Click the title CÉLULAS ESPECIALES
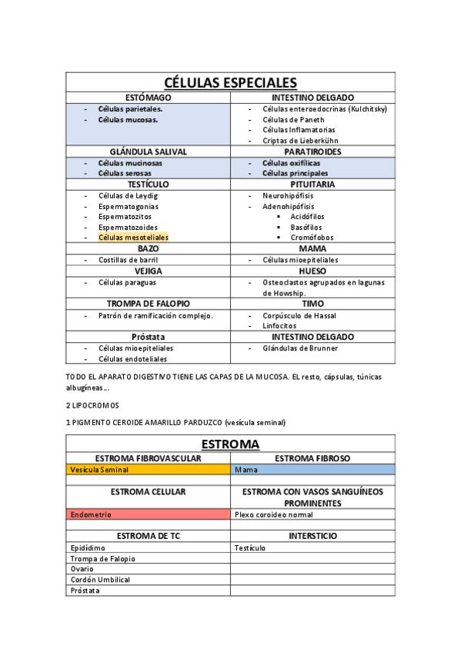(231, 83)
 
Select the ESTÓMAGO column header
(148, 98)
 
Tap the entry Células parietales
(130, 109)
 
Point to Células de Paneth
(293, 120)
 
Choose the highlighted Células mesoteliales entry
(133, 238)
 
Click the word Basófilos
(306, 228)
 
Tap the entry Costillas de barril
(128, 260)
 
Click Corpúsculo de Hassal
(299, 316)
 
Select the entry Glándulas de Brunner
(300, 348)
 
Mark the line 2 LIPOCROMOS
(92, 404)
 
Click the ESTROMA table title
(230, 444)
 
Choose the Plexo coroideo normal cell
(274, 514)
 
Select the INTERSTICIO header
(312, 536)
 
